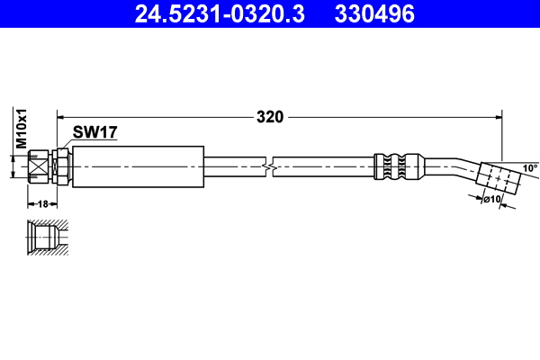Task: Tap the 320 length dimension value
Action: click(x=270, y=117)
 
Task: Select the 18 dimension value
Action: click(x=42, y=204)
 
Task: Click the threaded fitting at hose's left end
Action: click(x=38, y=166)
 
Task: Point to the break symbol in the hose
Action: click(x=267, y=166)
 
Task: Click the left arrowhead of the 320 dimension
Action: click(x=62, y=116)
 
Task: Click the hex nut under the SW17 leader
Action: click(x=61, y=166)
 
